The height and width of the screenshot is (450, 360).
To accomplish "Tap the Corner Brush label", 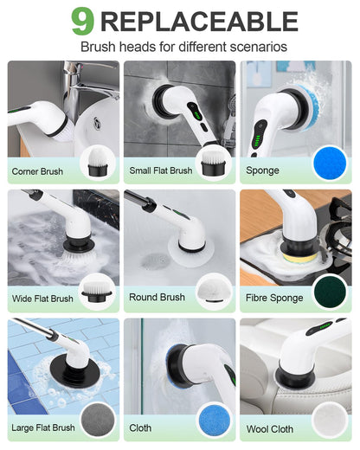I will [x=37, y=171].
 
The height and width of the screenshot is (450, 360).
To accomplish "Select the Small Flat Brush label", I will [x=161, y=170].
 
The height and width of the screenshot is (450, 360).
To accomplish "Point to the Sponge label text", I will [x=262, y=170].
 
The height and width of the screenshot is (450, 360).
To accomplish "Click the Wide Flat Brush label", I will [x=42, y=299].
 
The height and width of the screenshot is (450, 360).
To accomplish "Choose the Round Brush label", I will [x=157, y=297].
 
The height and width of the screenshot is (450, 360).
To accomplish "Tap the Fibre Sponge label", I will [x=274, y=298].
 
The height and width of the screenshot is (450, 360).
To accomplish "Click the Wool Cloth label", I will [x=269, y=428].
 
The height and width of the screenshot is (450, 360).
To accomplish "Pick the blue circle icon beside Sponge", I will [x=329, y=162].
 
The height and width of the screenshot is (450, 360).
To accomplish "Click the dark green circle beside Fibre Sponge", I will [x=330, y=291].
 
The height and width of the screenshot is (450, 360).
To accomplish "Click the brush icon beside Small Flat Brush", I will [x=213, y=162].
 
